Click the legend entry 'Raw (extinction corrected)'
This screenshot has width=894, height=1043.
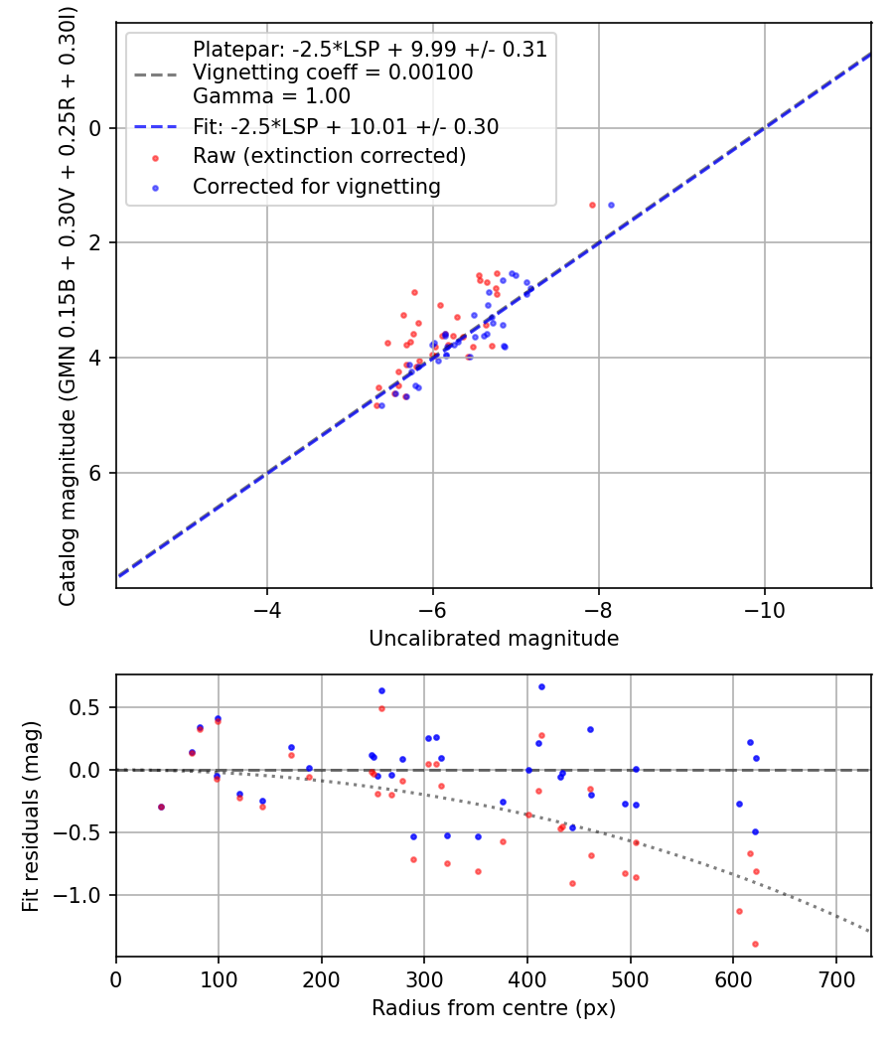[x=329, y=156]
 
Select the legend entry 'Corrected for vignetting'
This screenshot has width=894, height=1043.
[x=316, y=186]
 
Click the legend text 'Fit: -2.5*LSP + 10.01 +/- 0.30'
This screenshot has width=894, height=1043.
[x=346, y=126]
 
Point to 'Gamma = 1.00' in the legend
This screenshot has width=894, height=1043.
[x=271, y=96]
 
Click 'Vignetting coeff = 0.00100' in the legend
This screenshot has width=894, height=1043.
[x=333, y=73]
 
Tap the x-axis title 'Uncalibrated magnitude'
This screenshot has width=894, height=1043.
[x=494, y=639]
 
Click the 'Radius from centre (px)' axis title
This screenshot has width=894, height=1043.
[x=494, y=1008]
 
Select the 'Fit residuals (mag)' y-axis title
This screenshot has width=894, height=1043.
[x=31, y=816]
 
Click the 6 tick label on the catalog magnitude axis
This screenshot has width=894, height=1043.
[x=96, y=473]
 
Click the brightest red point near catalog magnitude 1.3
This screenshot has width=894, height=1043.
[x=592, y=205]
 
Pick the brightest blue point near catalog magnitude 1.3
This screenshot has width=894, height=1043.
[x=611, y=205]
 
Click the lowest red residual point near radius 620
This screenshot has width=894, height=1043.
[x=755, y=944]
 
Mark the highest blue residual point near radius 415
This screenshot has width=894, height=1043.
[x=541, y=686]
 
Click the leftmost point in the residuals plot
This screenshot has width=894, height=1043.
[x=161, y=807]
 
